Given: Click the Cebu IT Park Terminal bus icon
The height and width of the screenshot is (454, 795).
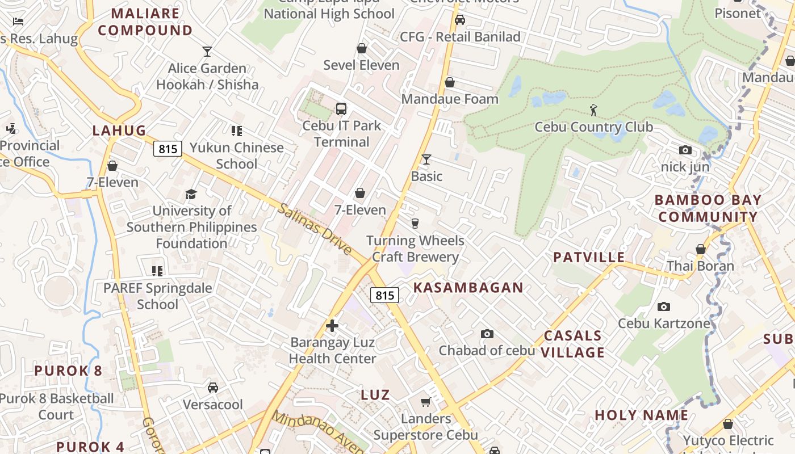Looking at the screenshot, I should pos(341,109).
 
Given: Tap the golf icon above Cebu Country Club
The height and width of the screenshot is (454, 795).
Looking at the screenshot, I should pos(593,110).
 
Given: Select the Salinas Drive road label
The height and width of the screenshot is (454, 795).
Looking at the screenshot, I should pos(315,229).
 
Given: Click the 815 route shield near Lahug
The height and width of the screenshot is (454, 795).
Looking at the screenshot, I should pos(168,149).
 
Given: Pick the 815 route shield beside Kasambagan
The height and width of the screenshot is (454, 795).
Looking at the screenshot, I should pos(384,295).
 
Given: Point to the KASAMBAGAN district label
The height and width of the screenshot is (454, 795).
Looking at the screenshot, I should pos(468,288).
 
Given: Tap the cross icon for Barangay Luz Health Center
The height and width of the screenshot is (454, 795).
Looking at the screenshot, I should pos(332,326).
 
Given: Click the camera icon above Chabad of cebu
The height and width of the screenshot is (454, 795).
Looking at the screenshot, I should pos(487,334).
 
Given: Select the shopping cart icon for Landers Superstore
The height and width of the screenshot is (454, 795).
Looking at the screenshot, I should pos(425,402).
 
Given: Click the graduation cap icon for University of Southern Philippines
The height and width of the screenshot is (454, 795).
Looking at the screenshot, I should pos(191,194).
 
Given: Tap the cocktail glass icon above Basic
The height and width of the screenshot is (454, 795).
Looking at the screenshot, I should pos(426,159).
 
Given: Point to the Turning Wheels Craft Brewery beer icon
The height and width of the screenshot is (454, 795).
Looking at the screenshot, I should pos(415,224).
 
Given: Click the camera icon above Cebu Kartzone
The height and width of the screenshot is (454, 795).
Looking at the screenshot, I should pos(663,307).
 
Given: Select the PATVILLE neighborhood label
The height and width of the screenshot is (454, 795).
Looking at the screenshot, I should pos(589,257).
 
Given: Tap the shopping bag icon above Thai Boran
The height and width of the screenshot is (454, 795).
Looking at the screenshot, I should pos(700,249).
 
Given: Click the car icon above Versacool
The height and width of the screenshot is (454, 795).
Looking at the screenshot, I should pos(213,388).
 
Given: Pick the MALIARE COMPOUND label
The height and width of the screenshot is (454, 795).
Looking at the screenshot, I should pos(145,22).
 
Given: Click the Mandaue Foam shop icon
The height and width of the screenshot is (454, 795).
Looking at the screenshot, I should pos(449,82).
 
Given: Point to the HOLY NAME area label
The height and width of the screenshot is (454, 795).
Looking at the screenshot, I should pos(642,415).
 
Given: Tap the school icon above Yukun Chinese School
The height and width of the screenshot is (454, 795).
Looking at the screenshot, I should pos(237,131).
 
